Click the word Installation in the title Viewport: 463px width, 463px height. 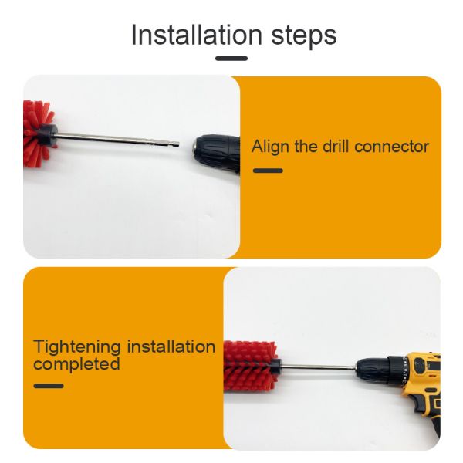pos(196,35)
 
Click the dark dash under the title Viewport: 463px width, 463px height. pos(231,59)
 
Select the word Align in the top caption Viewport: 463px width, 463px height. pos(269,147)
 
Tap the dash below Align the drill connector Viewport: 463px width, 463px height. pos(268,171)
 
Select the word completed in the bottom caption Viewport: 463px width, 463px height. pos(76,363)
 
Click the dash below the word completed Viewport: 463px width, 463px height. pos(48,385)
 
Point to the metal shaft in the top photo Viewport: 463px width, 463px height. pos(116,138)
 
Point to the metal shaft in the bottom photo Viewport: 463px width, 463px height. pos(316,367)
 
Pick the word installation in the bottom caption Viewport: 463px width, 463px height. pos(171,346)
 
